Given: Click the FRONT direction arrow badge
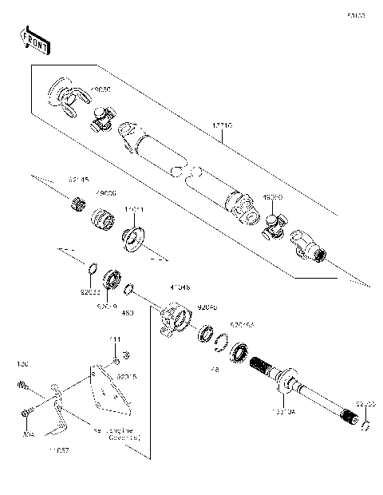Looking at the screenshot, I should pyautogui.click(x=34, y=41).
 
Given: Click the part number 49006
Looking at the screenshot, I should pyautogui.click(x=105, y=193).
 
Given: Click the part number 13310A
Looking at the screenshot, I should pyautogui.click(x=283, y=412).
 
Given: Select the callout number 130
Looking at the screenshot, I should pyautogui.click(x=22, y=363).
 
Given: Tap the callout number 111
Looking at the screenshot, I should pyautogui.click(x=115, y=339).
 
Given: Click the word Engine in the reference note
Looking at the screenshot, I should pyautogui.click(x=125, y=430).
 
